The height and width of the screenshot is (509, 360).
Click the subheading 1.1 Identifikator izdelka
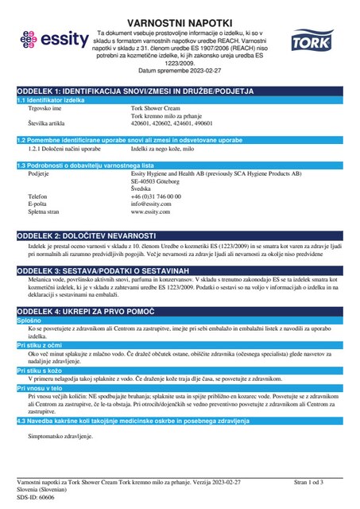pos(52,101)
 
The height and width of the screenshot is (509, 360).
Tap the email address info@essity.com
pos(152,204)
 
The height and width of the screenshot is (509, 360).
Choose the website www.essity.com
pos(151,212)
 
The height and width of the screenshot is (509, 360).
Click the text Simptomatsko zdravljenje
pos(61,437)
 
